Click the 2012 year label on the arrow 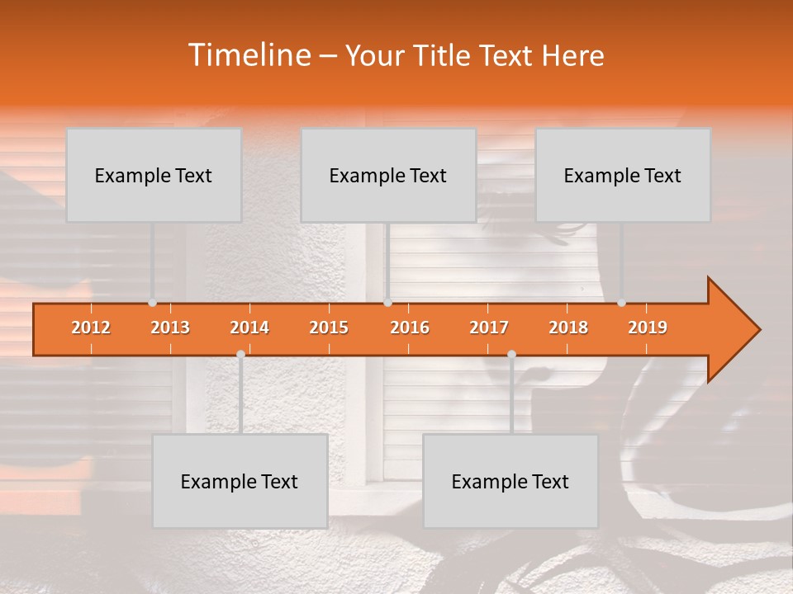[x=91, y=328]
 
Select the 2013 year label [x=170, y=328]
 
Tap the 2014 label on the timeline [x=249, y=328]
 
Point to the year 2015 [x=329, y=328]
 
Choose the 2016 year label [x=410, y=328]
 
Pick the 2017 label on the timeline [x=489, y=328]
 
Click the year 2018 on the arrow [x=568, y=328]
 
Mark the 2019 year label [x=648, y=328]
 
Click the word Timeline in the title [x=249, y=55]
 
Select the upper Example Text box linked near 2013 [x=154, y=175]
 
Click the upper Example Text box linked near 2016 [x=388, y=175]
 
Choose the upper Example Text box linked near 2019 [x=623, y=175]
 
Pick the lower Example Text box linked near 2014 [x=240, y=481]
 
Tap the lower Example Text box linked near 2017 [x=510, y=481]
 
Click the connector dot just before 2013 [x=153, y=303]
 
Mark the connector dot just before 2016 [x=388, y=303]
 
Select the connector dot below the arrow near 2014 [x=240, y=354]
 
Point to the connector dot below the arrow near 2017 [x=511, y=354]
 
